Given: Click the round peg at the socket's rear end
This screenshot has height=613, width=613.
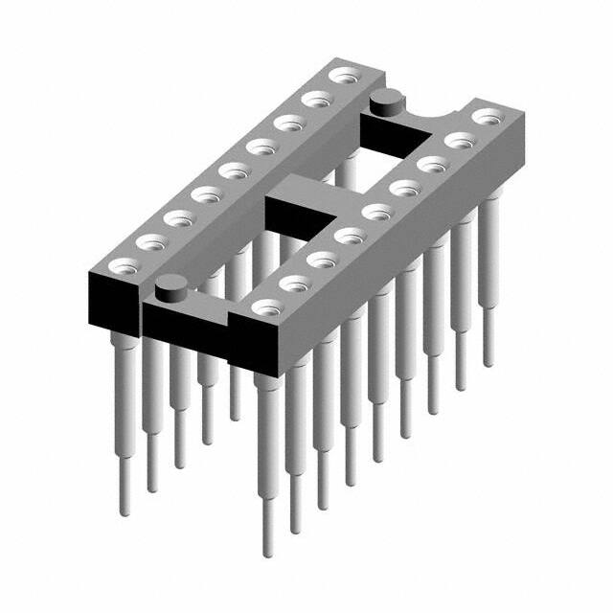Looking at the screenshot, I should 385,98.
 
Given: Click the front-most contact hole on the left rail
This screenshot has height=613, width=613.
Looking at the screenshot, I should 119,265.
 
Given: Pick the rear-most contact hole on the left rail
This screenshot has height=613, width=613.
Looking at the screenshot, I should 340,75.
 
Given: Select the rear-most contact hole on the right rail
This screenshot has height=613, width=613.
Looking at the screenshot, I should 488,117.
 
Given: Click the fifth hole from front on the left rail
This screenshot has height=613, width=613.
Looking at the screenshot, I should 230,170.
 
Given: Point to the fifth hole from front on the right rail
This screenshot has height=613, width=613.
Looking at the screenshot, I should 375,211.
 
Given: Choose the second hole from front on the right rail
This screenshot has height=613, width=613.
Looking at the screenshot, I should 293,283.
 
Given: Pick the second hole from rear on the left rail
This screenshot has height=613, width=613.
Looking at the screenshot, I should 313,99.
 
